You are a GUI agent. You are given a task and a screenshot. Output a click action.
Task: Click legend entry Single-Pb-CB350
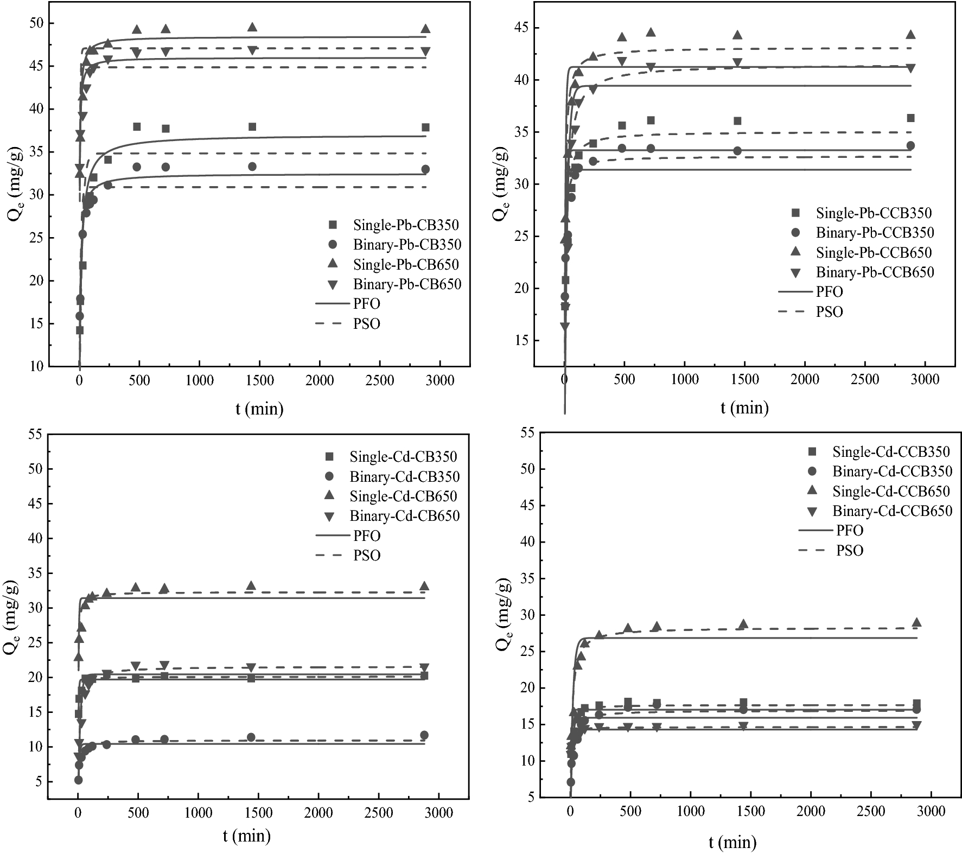tap(405, 225)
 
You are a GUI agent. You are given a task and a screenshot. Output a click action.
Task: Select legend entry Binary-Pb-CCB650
tap(875, 272)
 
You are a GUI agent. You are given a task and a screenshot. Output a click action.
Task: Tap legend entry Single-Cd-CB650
tap(403, 496)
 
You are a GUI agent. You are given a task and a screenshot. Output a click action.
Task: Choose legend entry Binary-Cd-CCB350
tap(892, 471)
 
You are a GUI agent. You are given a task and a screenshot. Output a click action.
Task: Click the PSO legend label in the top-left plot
tap(367, 324)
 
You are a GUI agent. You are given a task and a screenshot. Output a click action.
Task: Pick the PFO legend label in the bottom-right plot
tap(850, 530)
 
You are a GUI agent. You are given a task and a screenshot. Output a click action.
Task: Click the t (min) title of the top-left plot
tap(259, 409)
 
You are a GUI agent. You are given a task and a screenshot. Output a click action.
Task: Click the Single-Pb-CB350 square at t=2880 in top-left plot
tap(425, 128)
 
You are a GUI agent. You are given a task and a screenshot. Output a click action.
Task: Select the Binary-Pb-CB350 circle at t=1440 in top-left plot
tap(252, 167)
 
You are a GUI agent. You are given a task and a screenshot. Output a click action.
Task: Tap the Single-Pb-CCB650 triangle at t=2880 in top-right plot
tap(910, 35)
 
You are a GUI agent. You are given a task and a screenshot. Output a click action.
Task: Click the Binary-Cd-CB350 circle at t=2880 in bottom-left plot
tap(424, 735)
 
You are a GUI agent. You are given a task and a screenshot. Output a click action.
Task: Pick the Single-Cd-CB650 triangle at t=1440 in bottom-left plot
tap(251, 586)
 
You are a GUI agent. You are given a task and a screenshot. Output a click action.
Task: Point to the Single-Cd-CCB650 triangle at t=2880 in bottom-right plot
tap(916, 622)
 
